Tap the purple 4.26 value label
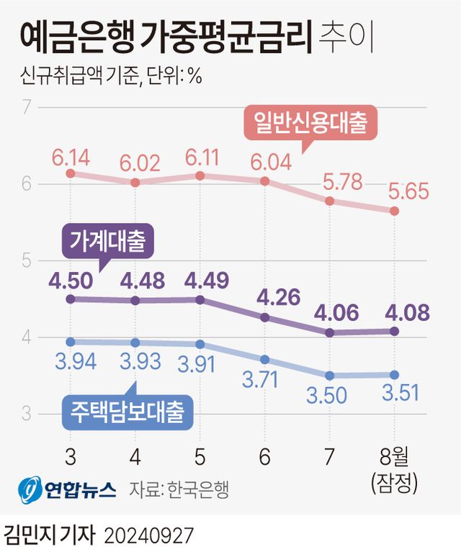pos(265,296)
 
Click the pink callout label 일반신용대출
pos(310,123)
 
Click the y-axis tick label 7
pos(26,108)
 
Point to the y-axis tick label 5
pos(26,260)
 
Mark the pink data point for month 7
pos(330,201)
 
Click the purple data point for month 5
pos(200,299)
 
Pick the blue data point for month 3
pos(71,342)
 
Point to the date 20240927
pos(149,536)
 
